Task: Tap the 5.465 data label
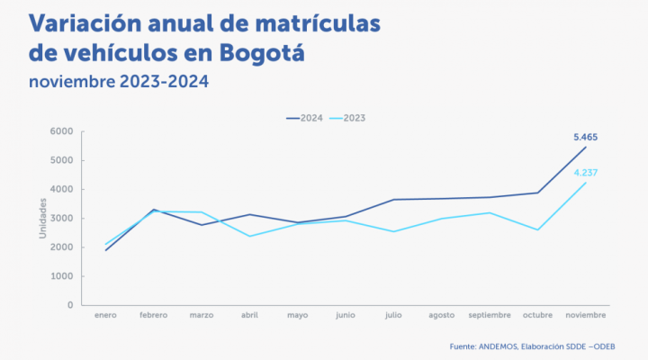pos(585,138)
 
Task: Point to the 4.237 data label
pos(585,172)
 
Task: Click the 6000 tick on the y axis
pos(61,131)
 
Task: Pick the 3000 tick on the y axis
pos(61,219)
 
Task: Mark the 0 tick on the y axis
pos(69,305)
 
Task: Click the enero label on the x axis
pos(106,316)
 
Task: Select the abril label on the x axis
pos(251,316)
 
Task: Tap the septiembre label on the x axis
pos(490,316)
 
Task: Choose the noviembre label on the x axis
pos(585,316)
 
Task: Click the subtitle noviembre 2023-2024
pos(119,82)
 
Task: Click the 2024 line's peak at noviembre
pos(586,147)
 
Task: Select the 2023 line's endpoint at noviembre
pos(586,183)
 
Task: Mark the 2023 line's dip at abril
pos(250,236)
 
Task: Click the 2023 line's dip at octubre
pos(537,229)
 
